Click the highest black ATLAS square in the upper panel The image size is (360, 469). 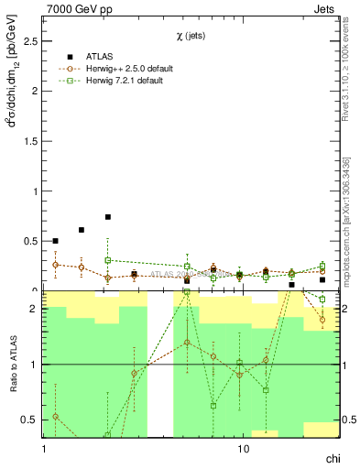[108, 217]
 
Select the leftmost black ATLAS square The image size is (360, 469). [55, 241]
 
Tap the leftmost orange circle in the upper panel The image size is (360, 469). [55, 265]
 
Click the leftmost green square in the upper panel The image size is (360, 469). [108, 260]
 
